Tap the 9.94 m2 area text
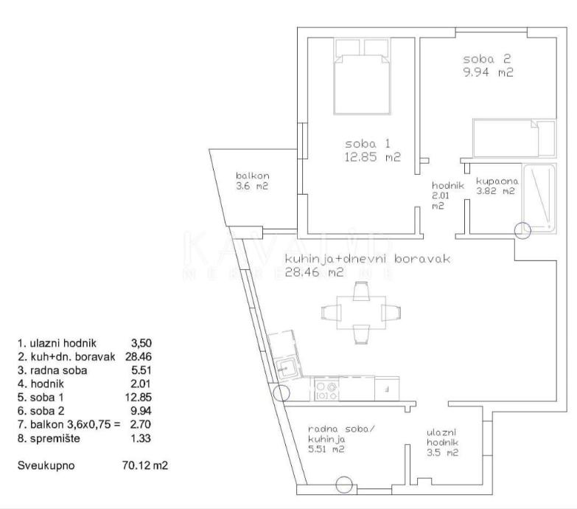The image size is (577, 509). click(x=488, y=72)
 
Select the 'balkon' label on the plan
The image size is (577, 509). click(x=253, y=176)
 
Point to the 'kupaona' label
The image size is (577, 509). click(x=497, y=181)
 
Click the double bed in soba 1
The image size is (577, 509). click(x=362, y=84)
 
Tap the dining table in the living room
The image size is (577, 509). click(x=361, y=313)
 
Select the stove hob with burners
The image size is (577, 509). click(x=326, y=391)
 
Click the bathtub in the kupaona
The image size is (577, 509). click(x=539, y=198)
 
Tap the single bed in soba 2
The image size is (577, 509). click(x=514, y=138)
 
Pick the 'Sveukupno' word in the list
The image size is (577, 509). click(x=46, y=465)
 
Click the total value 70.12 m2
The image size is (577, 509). click(x=144, y=465)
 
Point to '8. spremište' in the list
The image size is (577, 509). click(x=49, y=439)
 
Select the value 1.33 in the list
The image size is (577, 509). click(x=141, y=438)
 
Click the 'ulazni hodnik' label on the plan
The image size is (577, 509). click(x=442, y=437)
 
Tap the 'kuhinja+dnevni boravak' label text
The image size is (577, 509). click(x=368, y=259)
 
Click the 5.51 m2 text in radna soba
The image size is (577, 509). click(x=326, y=449)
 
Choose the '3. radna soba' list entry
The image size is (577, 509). click(x=52, y=370)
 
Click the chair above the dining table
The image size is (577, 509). click(x=360, y=290)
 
